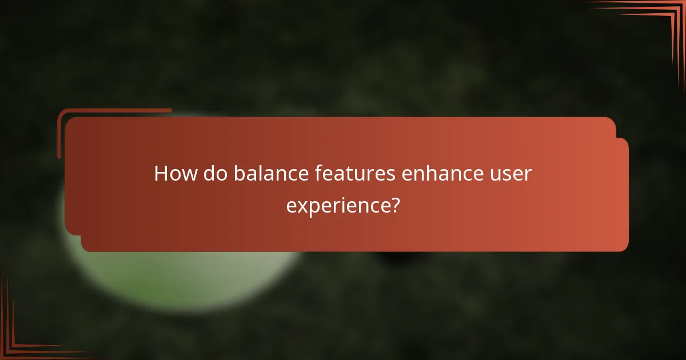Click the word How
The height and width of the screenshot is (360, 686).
pyautogui.click(x=175, y=174)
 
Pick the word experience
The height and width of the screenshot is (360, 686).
pyautogui.click(x=337, y=205)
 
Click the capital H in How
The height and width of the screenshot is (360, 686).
pyautogui.click(x=161, y=174)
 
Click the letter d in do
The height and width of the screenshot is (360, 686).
pyautogui.click(x=210, y=174)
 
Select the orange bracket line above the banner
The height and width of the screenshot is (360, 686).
pyautogui.click(x=114, y=110)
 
